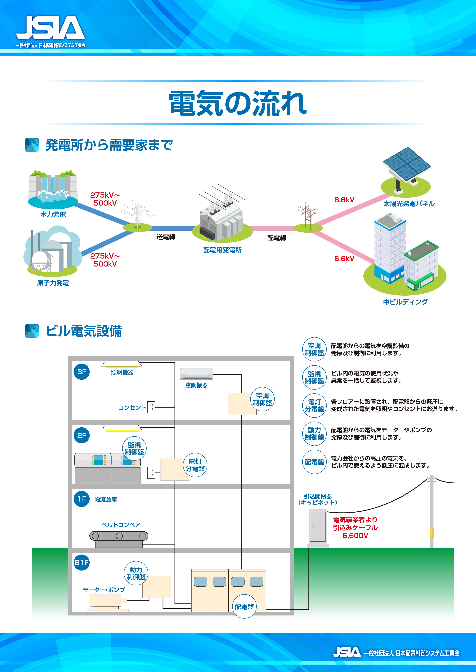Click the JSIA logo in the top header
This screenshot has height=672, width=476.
click(50, 28)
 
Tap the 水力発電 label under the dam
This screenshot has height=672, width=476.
click(53, 215)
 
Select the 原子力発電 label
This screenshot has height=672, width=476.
click(53, 283)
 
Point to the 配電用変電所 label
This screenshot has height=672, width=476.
click(222, 250)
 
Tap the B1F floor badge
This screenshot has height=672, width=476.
click(82, 563)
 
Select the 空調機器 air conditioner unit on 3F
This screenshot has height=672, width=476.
click(196, 374)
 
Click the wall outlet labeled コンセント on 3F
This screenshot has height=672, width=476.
click(151, 407)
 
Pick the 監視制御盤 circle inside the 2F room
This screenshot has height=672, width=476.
click(134, 448)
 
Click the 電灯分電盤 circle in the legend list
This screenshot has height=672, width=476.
click(314, 405)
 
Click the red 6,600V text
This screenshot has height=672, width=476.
click(355, 536)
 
